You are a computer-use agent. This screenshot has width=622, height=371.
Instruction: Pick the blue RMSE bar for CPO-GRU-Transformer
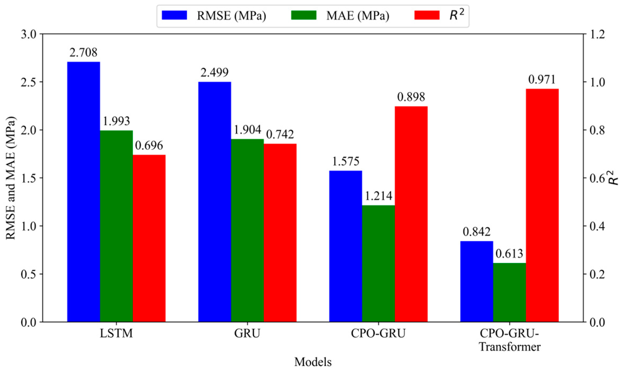(477, 282)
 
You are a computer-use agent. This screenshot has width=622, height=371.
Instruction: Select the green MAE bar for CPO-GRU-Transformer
(509, 292)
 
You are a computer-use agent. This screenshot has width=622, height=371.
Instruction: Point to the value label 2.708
(83, 53)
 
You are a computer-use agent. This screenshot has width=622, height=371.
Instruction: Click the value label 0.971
(542, 79)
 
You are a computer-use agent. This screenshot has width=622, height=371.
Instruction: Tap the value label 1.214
(378, 196)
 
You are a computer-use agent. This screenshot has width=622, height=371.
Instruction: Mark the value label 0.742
(280, 134)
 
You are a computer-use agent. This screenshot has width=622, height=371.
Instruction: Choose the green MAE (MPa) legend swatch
(304, 15)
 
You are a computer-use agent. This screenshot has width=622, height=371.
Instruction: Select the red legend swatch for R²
(427, 15)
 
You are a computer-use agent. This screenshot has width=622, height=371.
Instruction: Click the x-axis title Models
(313, 362)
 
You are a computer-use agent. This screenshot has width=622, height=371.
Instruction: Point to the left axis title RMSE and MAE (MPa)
(11, 178)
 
